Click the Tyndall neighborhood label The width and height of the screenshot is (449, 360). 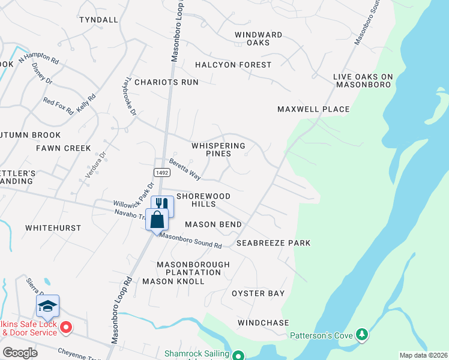tap(98, 20)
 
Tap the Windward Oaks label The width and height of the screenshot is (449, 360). tap(258, 39)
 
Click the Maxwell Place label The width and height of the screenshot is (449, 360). tap(313, 109)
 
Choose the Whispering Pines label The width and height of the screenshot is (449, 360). tap(218, 149)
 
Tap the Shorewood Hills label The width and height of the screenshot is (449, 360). tap(203, 200)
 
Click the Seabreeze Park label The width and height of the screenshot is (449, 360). tap(273, 243)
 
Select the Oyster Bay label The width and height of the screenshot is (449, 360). tap(258, 293)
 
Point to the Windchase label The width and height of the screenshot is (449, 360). tap(263, 323)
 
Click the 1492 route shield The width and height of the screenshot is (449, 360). tap(162, 172)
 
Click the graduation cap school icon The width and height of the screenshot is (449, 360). tap(48, 306)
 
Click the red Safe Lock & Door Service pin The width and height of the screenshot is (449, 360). tap(67, 328)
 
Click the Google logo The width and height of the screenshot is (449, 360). tap(20, 353)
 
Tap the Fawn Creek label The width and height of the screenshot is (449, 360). tap(63, 148)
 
